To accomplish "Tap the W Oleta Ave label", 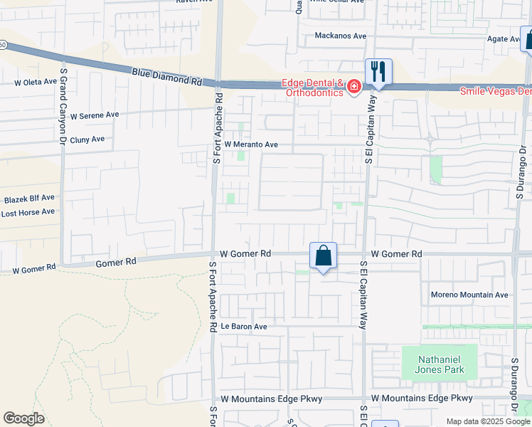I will pyautogui.click(x=35, y=83).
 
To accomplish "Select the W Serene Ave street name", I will pyautogui.click(x=90, y=115).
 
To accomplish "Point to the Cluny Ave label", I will pyautogui.click(x=87, y=139).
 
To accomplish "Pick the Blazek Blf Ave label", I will pyautogui.click(x=29, y=198).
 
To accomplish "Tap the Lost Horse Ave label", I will pyautogui.click(x=28, y=212).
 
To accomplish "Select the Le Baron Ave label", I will pyautogui.click(x=243, y=327).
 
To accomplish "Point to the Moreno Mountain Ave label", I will pyautogui.click(x=469, y=295).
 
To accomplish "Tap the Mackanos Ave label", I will pyautogui.click(x=341, y=36).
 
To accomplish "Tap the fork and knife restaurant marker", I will pyautogui.click(x=378, y=72).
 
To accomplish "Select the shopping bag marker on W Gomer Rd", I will pyautogui.click(x=323, y=255).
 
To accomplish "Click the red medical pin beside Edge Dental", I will pyautogui.click(x=353, y=88).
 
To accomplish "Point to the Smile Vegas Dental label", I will pyautogui.click(x=496, y=92).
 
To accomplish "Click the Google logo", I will pyautogui.click(x=24, y=418).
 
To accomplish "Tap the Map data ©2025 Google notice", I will pyautogui.click(x=489, y=422).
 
